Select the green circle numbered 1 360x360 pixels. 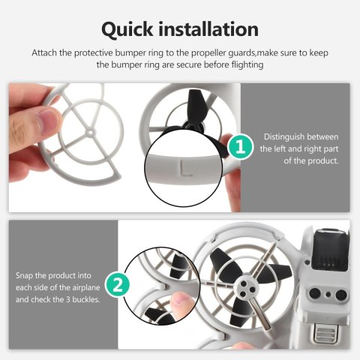pos(238,146)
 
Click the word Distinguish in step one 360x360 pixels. pos(286,136)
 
